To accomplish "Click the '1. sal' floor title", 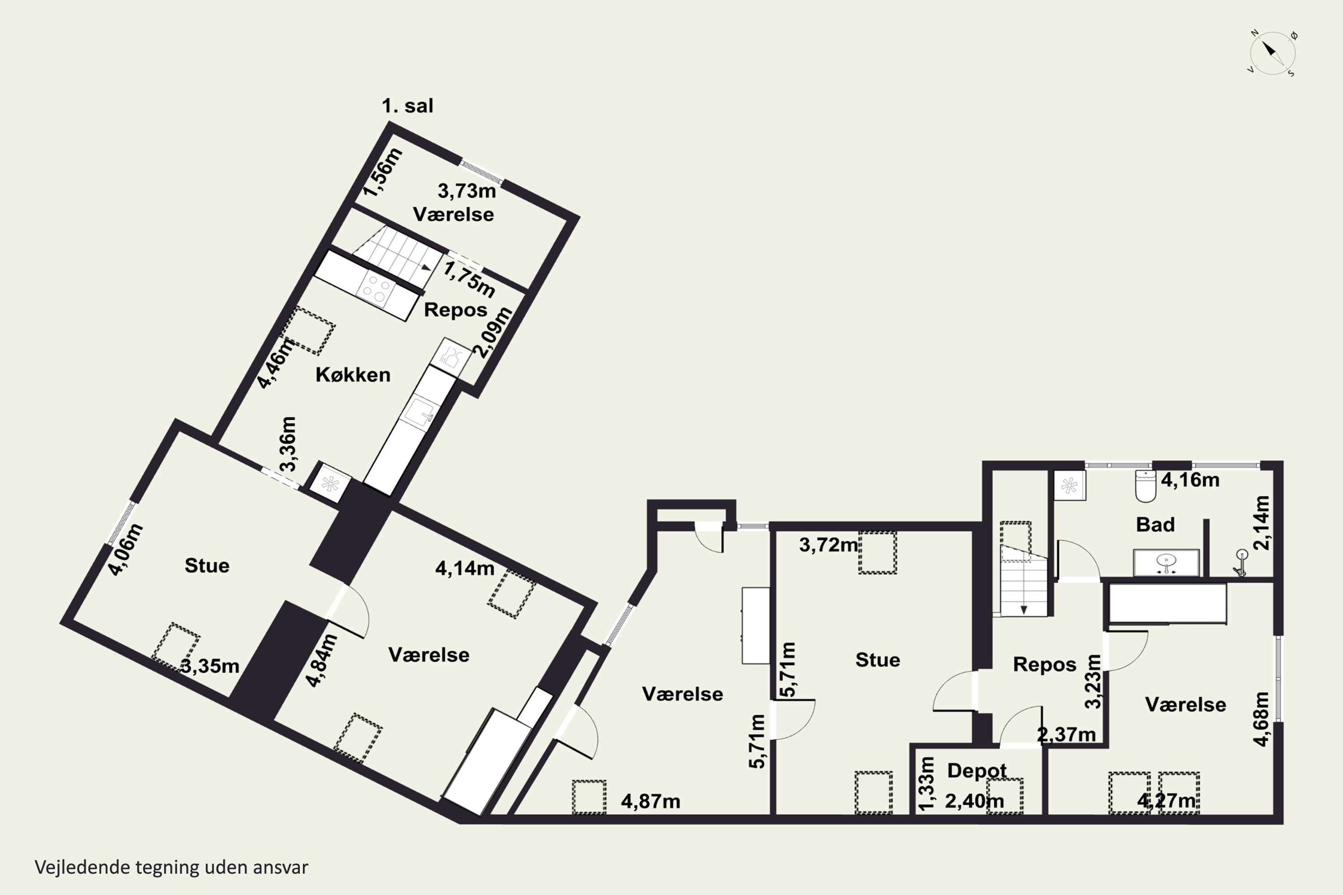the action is (407, 106).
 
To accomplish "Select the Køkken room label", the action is (353, 375).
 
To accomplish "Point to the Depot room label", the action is (976, 771).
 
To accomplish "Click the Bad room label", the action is (1155, 524).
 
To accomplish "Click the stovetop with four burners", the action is (375, 289).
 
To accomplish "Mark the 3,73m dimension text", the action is (466, 191).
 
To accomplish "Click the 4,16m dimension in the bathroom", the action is (1190, 480).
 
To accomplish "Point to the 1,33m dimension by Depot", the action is (926, 784).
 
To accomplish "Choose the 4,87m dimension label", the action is (650, 801).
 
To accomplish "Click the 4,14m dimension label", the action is (465, 568).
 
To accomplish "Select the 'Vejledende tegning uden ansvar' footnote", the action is (171, 867).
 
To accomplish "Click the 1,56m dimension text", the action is (383, 172).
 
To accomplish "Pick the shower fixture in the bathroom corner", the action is (1241, 562).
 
